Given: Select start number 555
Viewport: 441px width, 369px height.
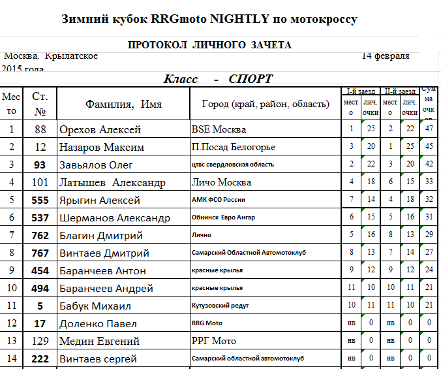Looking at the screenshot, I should [x=40, y=201].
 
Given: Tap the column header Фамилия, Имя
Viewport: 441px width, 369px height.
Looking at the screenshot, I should [x=123, y=104].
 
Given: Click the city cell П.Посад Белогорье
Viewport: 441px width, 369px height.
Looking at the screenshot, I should [x=233, y=147].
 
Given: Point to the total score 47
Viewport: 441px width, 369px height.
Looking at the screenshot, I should [x=429, y=129].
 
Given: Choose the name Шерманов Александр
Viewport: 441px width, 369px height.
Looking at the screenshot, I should [x=114, y=218].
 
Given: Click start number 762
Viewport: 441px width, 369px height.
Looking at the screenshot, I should [x=40, y=235].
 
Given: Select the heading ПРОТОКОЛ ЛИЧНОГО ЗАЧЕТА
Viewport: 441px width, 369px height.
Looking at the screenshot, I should [x=209, y=44].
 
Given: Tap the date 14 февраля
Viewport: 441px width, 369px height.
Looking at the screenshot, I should [x=386, y=56].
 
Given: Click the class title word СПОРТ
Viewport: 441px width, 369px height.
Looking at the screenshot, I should [x=251, y=79].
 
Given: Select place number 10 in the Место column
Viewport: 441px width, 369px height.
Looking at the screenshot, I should [x=11, y=288].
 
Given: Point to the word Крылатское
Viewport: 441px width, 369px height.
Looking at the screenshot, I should [x=72, y=56].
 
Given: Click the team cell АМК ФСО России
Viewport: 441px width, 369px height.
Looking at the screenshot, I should [x=219, y=201].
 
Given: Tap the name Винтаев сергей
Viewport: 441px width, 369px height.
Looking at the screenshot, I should [x=98, y=359].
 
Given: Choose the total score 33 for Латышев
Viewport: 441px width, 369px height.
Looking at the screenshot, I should [x=429, y=182].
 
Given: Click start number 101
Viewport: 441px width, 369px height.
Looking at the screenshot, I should [x=40, y=182].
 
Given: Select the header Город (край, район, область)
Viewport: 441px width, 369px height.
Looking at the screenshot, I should [x=264, y=104].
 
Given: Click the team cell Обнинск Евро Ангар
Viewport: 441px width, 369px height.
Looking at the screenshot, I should [x=223, y=217].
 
